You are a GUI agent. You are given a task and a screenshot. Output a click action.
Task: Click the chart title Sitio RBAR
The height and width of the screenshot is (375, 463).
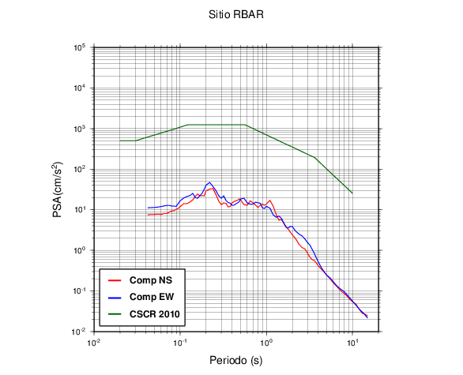tap(236, 14)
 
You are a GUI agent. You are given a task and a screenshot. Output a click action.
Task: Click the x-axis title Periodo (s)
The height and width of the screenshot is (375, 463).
tap(236, 360)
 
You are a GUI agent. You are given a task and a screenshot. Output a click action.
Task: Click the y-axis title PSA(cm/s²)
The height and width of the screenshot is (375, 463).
tap(58, 189)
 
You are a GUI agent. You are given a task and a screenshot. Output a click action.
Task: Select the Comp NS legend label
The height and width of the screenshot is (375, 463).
tap(151, 280)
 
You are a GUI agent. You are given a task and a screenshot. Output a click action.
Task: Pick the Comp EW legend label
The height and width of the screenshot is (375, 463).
tap(152, 297)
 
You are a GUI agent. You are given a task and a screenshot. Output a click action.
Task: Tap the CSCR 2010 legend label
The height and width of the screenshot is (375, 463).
tap(154, 314)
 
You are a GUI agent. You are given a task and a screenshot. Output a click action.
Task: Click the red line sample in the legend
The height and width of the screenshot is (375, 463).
tap(115, 280)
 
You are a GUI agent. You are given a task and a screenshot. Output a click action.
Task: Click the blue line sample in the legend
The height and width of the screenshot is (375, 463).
tap(115, 297)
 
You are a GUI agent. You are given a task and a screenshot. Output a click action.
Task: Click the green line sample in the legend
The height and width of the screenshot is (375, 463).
tap(115, 314)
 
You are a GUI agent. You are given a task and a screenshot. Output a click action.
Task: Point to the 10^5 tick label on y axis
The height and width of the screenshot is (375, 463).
tap(80, 47)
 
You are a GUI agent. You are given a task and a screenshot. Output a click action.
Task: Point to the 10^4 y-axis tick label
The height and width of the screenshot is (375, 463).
tap(80, 88)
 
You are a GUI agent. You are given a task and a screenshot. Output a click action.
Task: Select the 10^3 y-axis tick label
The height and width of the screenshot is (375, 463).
tap(80, 129)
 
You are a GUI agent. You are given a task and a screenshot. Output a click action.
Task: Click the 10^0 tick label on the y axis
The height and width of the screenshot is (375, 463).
tap(80, 250)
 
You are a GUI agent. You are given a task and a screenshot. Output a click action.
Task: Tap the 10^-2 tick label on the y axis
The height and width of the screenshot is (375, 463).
tap(79, 332)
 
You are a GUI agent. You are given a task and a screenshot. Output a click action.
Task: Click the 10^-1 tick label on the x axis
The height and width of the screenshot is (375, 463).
tap(180, 343)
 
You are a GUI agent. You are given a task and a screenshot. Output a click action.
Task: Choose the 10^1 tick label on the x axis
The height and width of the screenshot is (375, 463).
tap(352, 343)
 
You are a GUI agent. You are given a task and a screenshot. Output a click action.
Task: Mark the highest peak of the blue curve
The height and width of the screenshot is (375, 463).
tap(209, 182)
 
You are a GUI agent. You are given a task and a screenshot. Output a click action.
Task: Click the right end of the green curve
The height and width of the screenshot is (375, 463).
tap(352, 193)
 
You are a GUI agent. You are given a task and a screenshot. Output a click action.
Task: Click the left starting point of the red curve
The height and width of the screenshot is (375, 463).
tap(149, 215)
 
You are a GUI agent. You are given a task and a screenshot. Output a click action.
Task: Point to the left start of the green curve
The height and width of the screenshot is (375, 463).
tap(120, 141)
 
